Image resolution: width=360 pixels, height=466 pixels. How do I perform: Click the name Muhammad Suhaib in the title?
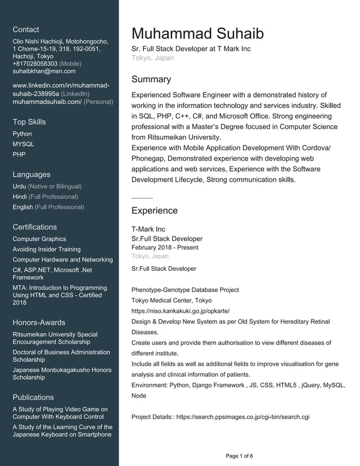[197, 33]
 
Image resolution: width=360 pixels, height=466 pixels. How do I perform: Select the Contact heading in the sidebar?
[26, 29]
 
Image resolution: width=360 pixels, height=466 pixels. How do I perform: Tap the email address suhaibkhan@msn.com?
[44, 71]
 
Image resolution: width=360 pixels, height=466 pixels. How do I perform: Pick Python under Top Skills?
[22, 134]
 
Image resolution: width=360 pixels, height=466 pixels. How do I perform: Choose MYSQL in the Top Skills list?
[23, 144]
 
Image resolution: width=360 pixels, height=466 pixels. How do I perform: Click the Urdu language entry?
[20, 186]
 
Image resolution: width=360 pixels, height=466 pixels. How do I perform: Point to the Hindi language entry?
[20, 196]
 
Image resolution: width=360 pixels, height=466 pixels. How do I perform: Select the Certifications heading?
[34, 227]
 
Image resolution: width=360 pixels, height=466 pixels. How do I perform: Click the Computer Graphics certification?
[39, 239]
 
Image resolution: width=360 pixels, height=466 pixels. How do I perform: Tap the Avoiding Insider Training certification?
[46, 249]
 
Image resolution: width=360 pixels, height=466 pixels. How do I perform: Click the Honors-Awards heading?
[39, 323]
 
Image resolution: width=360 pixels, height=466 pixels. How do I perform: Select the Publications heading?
[33, 397]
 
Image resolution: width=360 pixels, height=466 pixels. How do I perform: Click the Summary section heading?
[151, 80]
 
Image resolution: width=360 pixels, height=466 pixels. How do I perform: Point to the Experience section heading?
[154, 211]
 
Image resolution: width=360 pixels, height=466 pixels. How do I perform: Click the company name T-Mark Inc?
[148, 229]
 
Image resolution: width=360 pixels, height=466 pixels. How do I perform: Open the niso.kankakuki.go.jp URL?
[181, 311]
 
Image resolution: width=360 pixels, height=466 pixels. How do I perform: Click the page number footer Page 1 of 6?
[239, 456]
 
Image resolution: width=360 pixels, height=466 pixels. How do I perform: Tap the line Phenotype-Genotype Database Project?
[185, 290]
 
